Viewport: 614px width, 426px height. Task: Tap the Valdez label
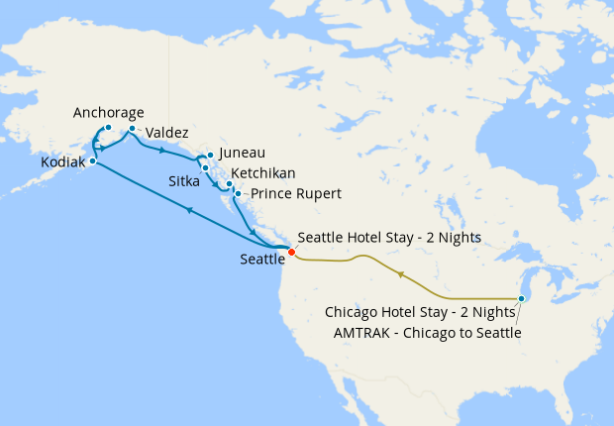click(x=166, y=133)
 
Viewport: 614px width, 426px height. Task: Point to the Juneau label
click(x=242, y=154)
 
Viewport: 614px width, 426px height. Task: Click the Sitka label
click(x=184, y=182)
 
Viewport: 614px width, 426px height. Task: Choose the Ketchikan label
click(x=262, y=173)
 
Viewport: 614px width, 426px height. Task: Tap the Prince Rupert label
click(x=295, y=194)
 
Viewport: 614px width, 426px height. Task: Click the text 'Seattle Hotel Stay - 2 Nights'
click(x=389, y=238)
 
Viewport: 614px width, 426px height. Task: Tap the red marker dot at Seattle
click(x=291, y=252)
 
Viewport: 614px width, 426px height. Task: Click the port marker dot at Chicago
click(x=522, y=298)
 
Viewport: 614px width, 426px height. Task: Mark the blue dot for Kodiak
click(x=92, y=160)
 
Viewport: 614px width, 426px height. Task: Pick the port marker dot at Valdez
click(x=132, y=128)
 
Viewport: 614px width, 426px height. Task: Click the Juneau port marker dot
click(x=209, y=155)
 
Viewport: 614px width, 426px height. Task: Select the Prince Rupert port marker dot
click(x=238, y=193)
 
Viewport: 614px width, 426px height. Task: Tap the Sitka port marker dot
click(x=205, y=167)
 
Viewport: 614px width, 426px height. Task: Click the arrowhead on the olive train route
click(x=400, y=273)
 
